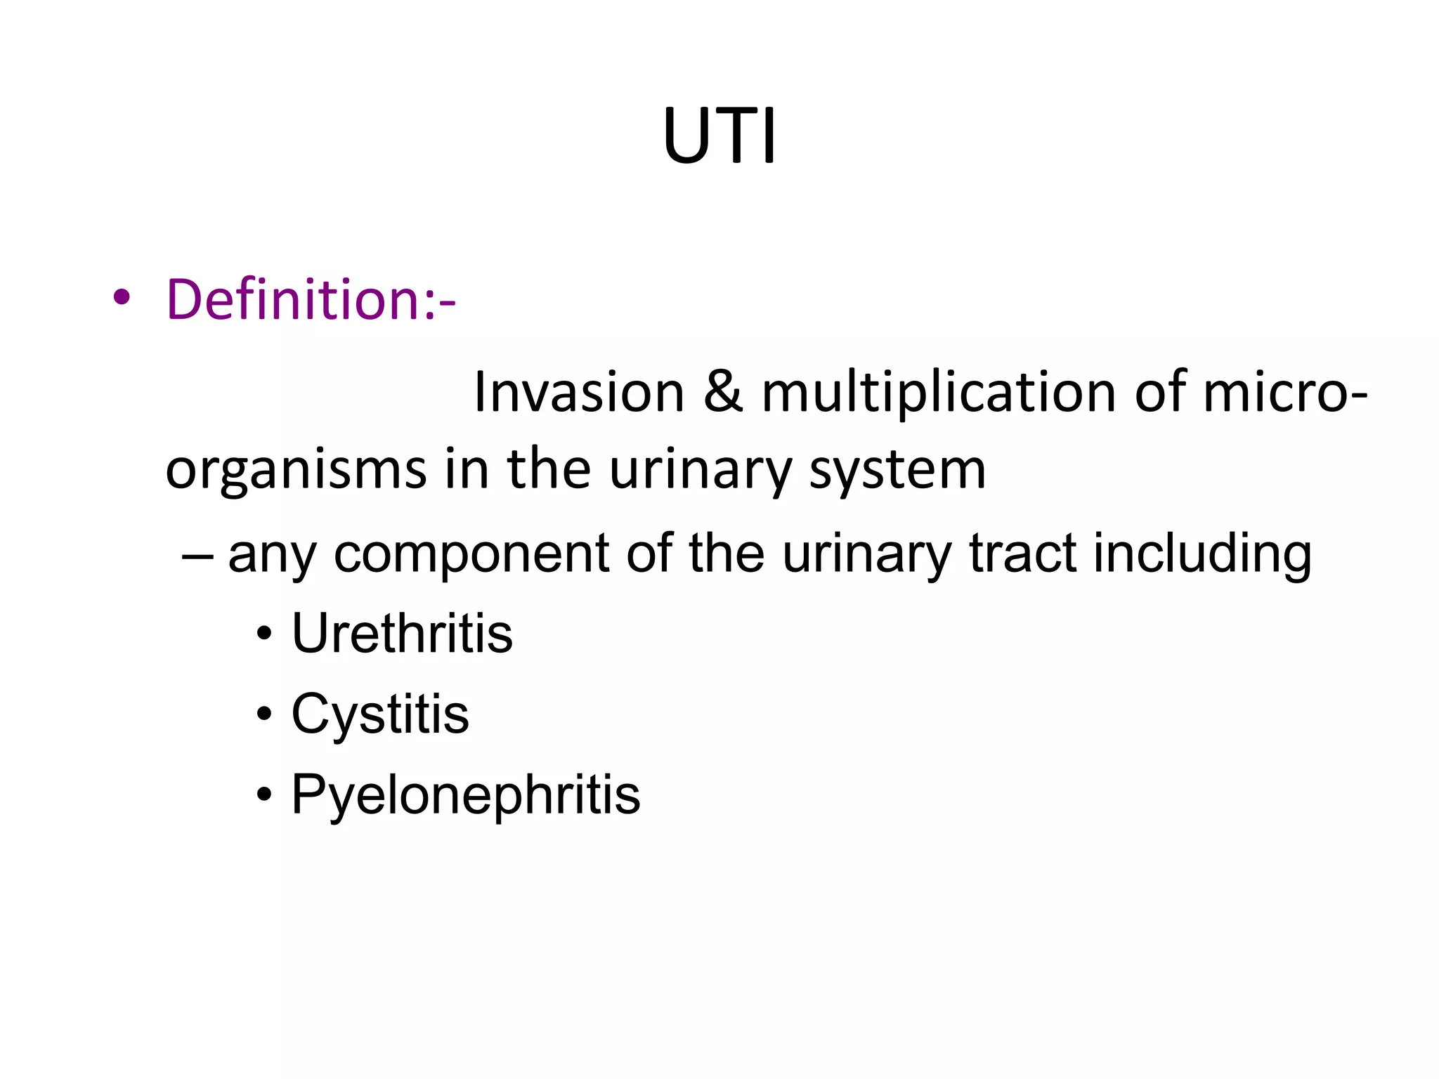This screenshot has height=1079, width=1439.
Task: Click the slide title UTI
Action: [719, 136]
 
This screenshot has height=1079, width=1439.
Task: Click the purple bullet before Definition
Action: [122, 298]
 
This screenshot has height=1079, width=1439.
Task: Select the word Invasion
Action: [579, 392]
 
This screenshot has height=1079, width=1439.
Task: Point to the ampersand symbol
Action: [722, 392]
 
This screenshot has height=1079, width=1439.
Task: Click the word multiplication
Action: [939, 392]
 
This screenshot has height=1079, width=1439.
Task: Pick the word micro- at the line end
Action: [1285, 392]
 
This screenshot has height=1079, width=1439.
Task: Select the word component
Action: [471, 554]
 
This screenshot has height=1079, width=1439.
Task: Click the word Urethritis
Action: [402, 634]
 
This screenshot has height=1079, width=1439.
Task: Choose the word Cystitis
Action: [380, 714]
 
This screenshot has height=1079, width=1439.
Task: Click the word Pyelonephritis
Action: [466, 794]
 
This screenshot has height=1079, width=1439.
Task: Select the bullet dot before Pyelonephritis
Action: [263, 795]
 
